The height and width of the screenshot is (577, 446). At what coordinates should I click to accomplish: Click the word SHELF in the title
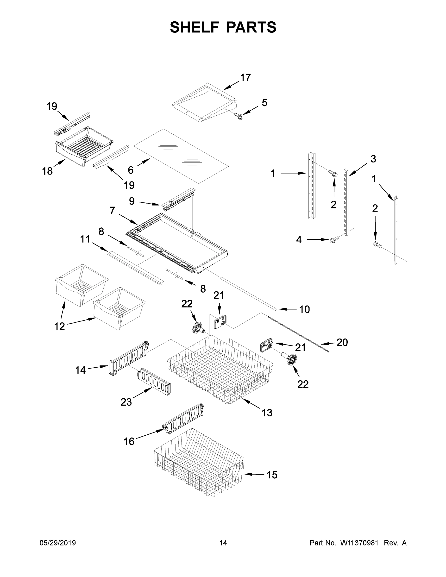pyautogui.click(x=195, y=27)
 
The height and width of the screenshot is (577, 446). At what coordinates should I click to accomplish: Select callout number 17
pyautogui.click(x=245, y=78)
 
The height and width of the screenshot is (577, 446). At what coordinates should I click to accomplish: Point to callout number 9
pyautogui.click(x=132, y=201)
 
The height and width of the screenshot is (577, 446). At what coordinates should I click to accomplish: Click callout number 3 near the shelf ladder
pyautogui.click(x=373, y=159)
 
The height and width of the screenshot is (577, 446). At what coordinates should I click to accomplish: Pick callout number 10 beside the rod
pyautogui.click(x=304, y=309)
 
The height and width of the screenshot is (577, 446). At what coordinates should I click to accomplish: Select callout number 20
pyautogui.click(x=342, y=342)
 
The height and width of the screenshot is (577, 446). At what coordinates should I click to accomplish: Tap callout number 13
pyautogui.click(x=267, y=412)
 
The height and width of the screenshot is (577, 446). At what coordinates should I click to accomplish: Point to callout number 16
pyautogui.click(x=129, y=441)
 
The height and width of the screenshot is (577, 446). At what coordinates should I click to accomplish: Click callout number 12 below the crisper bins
pyautogui.click(x=59, y=326)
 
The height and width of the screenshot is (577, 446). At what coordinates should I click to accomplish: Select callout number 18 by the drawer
pyautogui.click(x=47, y=171)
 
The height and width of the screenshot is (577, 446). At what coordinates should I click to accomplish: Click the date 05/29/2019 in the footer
pyautogui.click(x=58, y=543)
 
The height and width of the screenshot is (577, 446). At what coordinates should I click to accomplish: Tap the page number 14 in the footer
pyautogui.click(x=223, y=543)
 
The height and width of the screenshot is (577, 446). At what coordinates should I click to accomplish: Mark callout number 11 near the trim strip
pyautogui.click(x=85, y=239)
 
